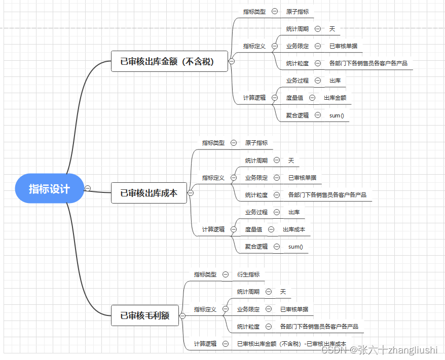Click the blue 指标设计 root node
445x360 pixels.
click(49, 188)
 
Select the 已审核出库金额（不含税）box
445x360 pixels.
click(167, 62)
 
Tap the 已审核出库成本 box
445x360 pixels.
click(149, 193)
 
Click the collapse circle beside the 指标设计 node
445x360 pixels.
click(88, 188)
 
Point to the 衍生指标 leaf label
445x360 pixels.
click(248, 274)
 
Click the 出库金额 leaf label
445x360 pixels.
click(335, 98)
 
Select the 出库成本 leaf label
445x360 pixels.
click(294, 229)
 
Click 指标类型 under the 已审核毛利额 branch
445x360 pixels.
click(205, 274)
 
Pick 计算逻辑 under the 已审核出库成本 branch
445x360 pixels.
click(213, 229)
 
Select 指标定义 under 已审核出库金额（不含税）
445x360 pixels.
click(254, 46)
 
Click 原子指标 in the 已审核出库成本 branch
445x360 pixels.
click(256, 143)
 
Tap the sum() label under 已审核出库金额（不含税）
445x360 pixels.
click(337, 115)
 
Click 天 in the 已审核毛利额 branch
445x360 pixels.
click(283, 292)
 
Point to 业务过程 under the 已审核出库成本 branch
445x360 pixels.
click(256, 212)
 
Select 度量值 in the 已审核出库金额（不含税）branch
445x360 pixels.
click(294, 98)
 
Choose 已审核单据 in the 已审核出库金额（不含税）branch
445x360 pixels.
click(343, 46)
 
